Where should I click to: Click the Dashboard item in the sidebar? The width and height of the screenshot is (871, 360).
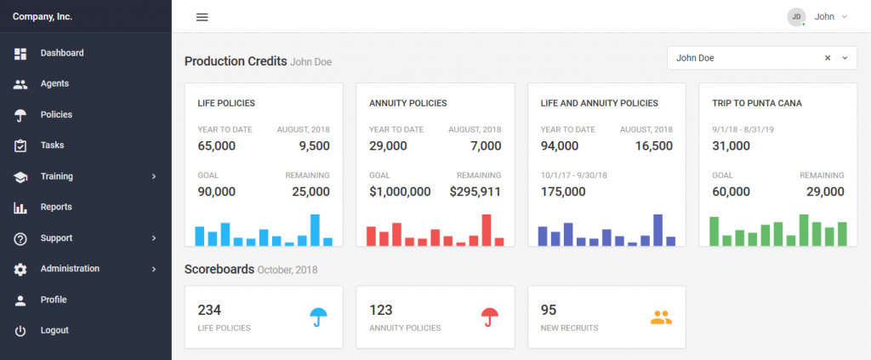click(x=61, y=53)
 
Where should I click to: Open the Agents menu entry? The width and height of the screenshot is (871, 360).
click(x=54, y=83)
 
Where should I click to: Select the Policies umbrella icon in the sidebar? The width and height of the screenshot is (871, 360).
click(x=20, y=115)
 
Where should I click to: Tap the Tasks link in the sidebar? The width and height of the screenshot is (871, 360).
click(x=52, y=146)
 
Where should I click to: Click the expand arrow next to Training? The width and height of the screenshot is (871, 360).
click(x=154, y=176)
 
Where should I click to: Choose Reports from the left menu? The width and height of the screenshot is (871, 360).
click(x=55, y=207)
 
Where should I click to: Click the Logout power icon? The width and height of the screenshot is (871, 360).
click(x=20, y=330)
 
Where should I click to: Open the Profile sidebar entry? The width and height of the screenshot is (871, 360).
click(x=53, y=300)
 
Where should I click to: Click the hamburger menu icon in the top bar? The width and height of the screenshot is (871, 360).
click(x=202, y=17)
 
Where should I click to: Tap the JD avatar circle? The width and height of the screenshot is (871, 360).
click(x=796, y=16)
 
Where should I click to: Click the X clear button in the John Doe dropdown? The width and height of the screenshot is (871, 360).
click(x=828, y=58)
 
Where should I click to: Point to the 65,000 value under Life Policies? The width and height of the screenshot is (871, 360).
click(x=217, y=146)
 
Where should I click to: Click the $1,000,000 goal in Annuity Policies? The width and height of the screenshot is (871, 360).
click(x=400, y=191)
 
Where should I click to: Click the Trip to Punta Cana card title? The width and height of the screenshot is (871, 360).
click(x=757, y=103)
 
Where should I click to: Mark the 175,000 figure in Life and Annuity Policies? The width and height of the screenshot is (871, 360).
click(x=563, y=191)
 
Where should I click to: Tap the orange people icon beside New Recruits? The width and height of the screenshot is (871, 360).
click(x=661, y=317)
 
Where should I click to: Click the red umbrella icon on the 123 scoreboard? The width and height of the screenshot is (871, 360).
click(x=490, y=317)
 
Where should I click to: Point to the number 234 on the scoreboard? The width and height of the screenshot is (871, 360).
click(x=210, y=311)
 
